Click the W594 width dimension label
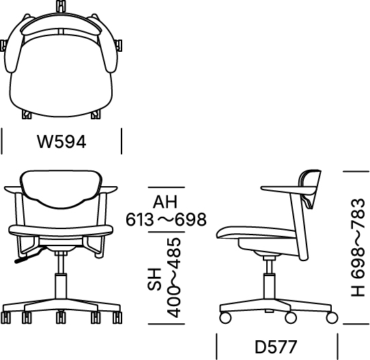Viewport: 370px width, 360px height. coord(61,142)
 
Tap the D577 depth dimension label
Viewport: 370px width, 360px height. coord(276,347)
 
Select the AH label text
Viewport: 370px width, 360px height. coord(165,202)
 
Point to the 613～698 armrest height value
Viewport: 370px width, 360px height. coord(166,220)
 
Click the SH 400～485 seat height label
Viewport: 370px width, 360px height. coord(165,277)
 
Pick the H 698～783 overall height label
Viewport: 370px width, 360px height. coord(358,247)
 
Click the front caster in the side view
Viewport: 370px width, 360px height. coord(225,317)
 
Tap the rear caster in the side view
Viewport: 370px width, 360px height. coord(332,317)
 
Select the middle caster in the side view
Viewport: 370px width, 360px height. coord(291,317)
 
